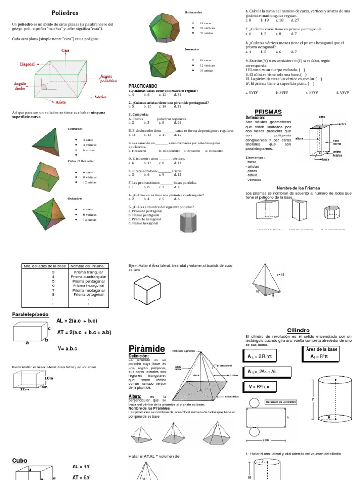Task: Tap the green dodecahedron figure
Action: (163, 24)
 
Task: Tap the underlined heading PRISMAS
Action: (268, 112)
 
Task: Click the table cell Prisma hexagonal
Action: (88, 285)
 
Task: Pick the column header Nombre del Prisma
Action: (88, 266)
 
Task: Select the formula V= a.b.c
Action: (67, 348)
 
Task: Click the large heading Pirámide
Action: (147, 348)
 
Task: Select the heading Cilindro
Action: (298, 330)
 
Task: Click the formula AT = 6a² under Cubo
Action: (81, 477)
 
